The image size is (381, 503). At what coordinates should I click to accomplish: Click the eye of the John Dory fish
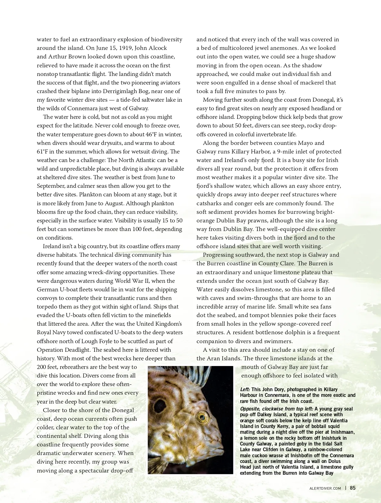(x=202, y=417)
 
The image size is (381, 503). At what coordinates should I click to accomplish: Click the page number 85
(x=353, y=488)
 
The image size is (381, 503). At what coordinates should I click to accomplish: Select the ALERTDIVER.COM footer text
(x=325, y=488)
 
